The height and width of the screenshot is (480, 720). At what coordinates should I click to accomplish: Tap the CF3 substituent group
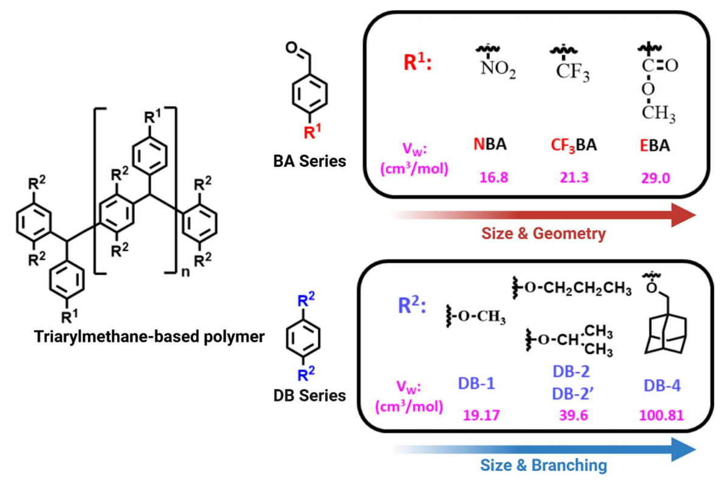pyautogui.click(x=572, y=72)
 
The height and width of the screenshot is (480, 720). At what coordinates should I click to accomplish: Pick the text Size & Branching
pyautogui.click(x=544, y=465)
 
